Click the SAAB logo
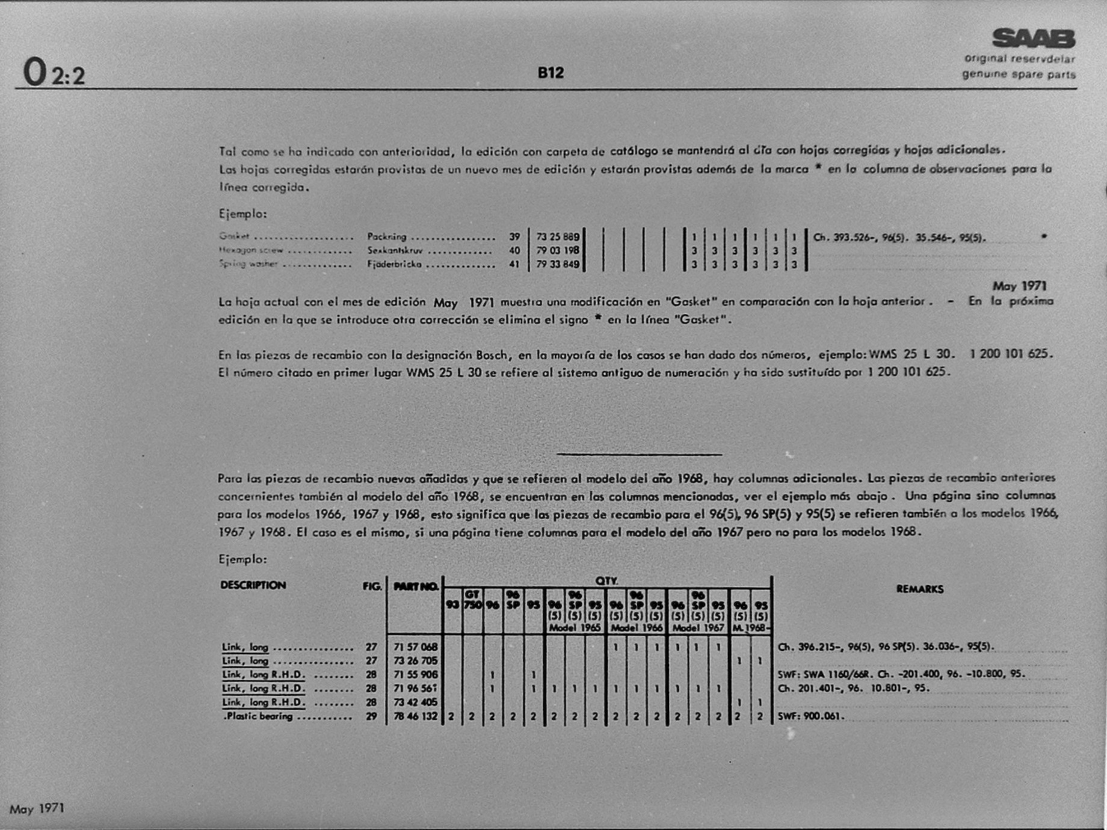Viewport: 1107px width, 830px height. [1033, 38]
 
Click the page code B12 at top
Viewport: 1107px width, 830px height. [550, 73]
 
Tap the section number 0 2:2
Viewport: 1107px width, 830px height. [54, 73]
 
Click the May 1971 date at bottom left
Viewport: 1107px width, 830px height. [37, 808]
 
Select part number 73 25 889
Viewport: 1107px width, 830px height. [558, 237]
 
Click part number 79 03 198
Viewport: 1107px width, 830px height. [558, 250]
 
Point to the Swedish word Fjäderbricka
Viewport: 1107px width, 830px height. [394, 264]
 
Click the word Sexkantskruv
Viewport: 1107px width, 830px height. [395, 250]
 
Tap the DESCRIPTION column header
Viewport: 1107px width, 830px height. [253, 585]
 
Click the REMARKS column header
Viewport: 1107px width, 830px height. [919, 589]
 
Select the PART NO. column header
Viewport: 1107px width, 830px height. [415, 586]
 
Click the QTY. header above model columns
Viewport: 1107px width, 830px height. [606, 580]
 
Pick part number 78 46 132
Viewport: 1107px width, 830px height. [415, 716]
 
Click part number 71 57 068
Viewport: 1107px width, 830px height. [415, 647]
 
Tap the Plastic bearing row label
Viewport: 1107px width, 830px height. [258, 716]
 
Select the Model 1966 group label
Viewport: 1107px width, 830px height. [637, 628]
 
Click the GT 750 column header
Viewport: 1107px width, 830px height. [472, 600]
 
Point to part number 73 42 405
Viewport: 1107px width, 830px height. [415, 702]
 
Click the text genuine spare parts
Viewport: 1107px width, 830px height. [1018, 75]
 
